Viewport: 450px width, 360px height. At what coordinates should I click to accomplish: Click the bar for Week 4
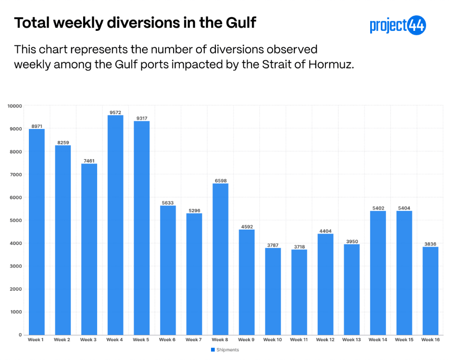click(x=115, y=225)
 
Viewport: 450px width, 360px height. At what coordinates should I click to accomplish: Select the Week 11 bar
click(x=299, y=292)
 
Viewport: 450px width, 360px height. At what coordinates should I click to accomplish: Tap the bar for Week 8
click(x=220, y=259)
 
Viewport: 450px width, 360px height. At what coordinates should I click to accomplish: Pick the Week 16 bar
click(x=430, y=291)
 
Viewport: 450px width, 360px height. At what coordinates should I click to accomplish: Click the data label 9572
click(x=115, y=112)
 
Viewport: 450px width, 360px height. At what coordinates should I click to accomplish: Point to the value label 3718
click(x=300, y=247)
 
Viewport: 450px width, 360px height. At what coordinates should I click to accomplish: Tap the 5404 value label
click(x=404, y=208)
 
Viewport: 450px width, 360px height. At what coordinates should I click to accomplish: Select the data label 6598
click(x=221, y=180)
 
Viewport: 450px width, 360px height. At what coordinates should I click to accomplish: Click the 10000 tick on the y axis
click(x=14, y=106)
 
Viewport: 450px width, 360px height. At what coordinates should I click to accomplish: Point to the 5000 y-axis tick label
click(x=16, y=220)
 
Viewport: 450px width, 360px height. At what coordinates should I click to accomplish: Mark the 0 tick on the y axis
click(x=20, y=334)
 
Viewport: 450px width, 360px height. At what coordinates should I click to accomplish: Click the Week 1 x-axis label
click(x=36, y=340)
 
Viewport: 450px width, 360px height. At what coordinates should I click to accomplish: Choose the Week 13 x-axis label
click(x=351, y=340)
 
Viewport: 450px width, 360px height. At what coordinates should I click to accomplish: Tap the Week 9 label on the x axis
click(x=246, y=340)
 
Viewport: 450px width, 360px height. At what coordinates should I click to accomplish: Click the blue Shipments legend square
click(x=213, y=350)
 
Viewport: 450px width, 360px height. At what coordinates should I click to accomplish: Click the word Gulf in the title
click(x=241, y=23)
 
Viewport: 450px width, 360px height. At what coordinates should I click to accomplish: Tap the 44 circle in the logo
click(x=416, y=26)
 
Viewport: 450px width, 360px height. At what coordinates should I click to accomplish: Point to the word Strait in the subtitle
click(x=276, y=64)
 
